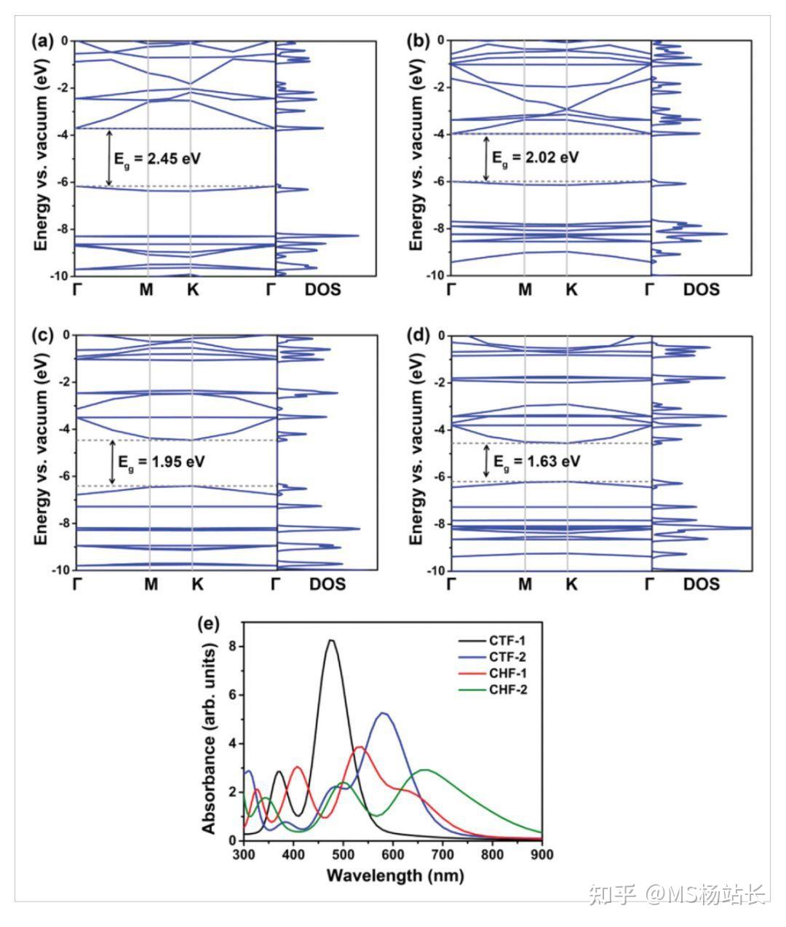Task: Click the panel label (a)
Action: tap(43, 42)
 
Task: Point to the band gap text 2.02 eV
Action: tap(536, 157)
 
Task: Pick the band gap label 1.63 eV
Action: tap(536, 462)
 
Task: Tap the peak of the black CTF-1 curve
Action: tap(331, 641)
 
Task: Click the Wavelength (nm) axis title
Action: tap(394, 875)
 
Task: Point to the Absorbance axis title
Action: tap(210, 739)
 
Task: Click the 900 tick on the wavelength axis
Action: tap(541, 854)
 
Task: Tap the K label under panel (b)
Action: tap(571, 290)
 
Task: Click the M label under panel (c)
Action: tap(151, 584)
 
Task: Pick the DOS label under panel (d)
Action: tap(701, 584)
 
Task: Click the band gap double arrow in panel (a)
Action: tap(109, 157)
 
